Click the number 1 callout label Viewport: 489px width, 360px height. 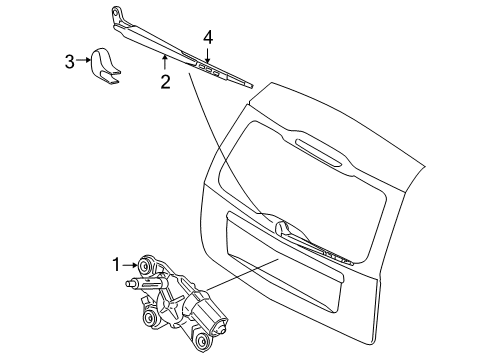[x=115, y=264]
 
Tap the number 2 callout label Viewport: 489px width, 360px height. [x=163, y=83]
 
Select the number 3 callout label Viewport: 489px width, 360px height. [x=69, y=62]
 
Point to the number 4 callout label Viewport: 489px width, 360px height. [x=208, y=39]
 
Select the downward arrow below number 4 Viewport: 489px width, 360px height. [x=208, y=56]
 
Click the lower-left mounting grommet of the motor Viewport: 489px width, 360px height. [x=151, y=317]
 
